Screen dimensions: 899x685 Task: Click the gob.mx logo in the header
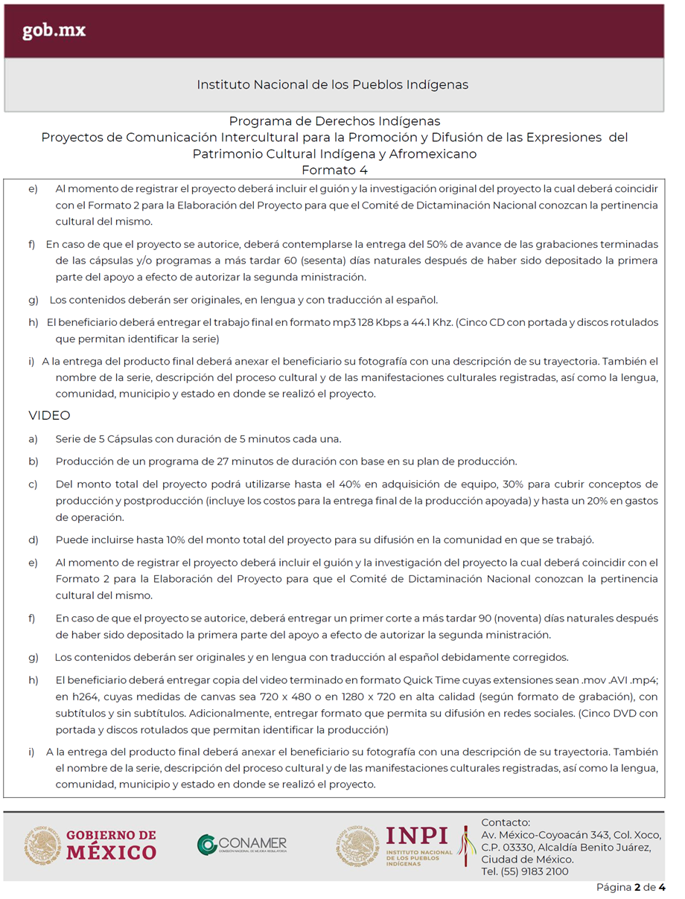click(x=54, y=31)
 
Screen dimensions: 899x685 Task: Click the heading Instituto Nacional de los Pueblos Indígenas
click(x=333, y=85)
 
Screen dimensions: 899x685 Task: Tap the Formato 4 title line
click(x=334, y=170)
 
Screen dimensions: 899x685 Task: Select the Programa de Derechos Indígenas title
click(x=334, y=121)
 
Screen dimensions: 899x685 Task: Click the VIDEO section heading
click(x=49, y=415)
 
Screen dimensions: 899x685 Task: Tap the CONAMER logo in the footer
click(x=242, y=845)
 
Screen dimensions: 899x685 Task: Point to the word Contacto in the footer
click(x=505, y=822)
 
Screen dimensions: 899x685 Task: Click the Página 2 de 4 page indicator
click(x=631, y=887)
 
